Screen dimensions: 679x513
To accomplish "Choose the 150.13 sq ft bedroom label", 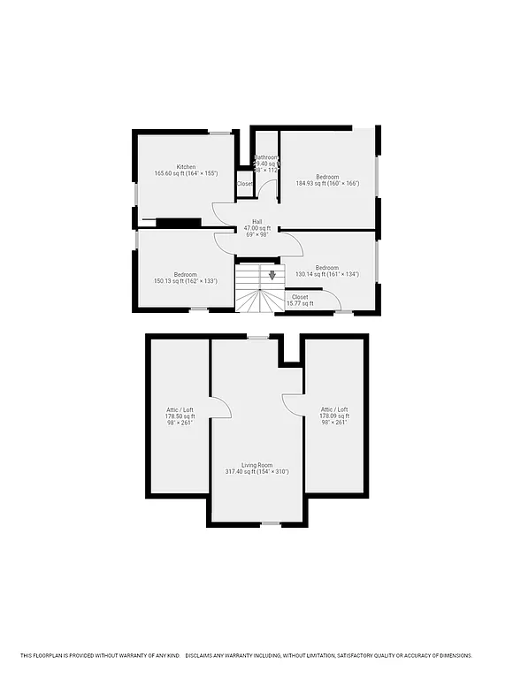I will [x=186, y=278].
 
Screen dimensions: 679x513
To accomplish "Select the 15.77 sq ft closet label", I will [x=300, y=300].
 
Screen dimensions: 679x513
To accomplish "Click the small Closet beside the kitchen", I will [x=244, y=184].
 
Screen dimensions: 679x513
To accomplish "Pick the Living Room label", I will [x=259, y=468].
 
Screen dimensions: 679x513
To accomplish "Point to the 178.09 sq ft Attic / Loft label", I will [x=334, y=416].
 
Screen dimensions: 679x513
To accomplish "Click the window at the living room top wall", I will [x=257, y=337].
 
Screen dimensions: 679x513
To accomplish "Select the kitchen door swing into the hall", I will [x=223, y=213].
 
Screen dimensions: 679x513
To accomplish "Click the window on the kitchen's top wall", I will [x=220, y=133].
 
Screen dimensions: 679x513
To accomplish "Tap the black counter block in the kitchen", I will [x=178, y=223].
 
